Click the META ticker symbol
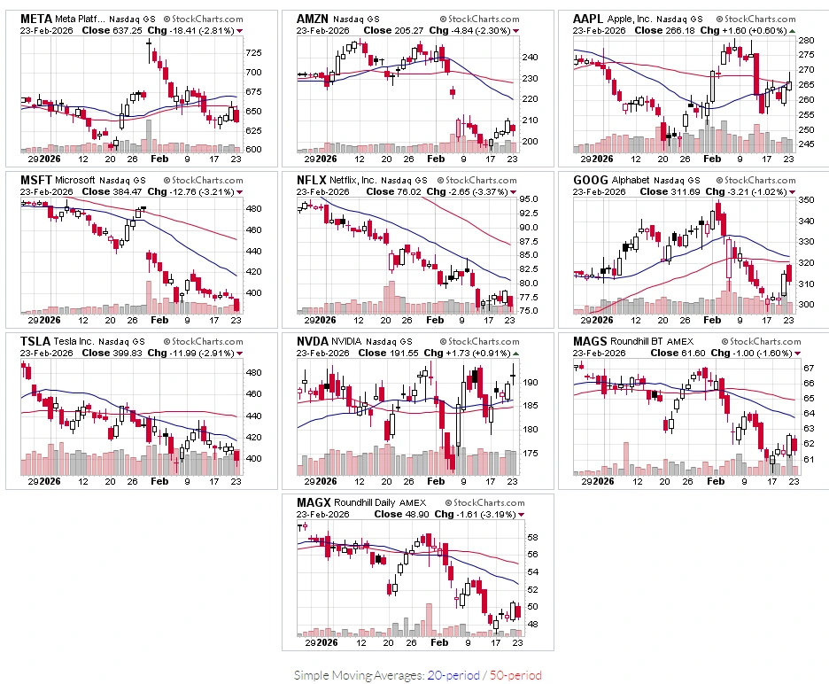coord(36,19)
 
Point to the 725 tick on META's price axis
coord(253,52)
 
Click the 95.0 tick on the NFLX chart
coord(528,198)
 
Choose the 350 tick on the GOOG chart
coord(806,200)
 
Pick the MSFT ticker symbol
coord(36,181)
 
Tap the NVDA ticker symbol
coord(313,342)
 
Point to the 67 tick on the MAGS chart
coord(809,368)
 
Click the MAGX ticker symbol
coord(314,503)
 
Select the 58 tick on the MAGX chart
coord(532,538)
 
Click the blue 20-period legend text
coord(453,675)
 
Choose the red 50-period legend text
coord(515,675)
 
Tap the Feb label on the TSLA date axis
coord(159,481)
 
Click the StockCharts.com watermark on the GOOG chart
coord(756,181)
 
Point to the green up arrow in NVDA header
coord(516,354)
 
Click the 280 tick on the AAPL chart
coord(806,40)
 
